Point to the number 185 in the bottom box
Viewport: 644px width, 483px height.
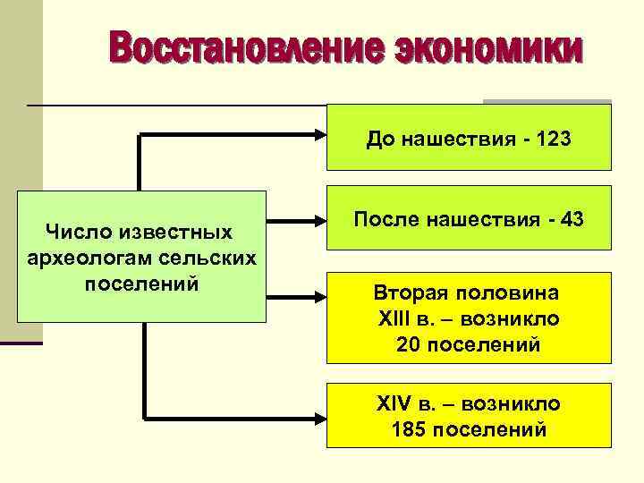click(410, 429)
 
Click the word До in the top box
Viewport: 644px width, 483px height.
click(379, 140)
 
